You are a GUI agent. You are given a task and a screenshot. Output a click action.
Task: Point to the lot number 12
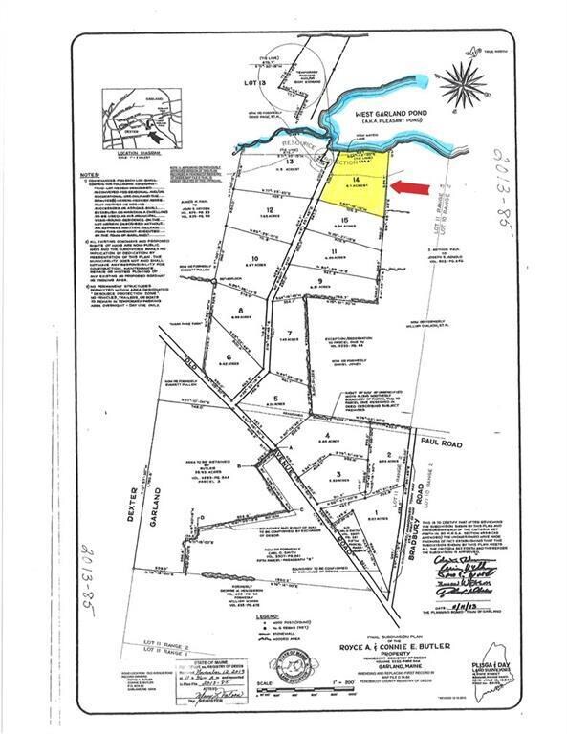point(271,208)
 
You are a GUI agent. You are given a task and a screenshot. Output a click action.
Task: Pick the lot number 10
point(254,258)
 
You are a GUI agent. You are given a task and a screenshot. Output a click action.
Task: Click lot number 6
point(229,357)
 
